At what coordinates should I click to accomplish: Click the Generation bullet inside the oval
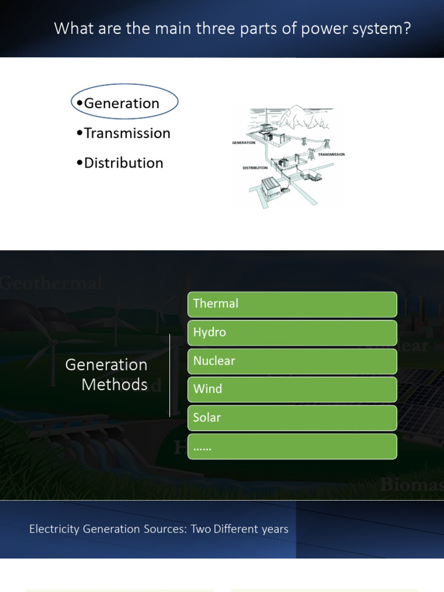[121, 103]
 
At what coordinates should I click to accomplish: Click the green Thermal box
[292, 304]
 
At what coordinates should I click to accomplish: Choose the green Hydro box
[292, 332]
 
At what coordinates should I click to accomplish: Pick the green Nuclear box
[292, 361]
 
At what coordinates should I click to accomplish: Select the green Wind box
[292, 389]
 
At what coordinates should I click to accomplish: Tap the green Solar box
[292, 417]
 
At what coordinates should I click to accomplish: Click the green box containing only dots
[292, 446]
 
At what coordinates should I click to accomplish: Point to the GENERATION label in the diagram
[244, 142]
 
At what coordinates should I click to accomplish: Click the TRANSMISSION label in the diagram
[331, 154]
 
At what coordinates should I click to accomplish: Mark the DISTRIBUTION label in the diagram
[255, 168]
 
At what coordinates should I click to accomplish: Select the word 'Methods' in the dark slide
[114, 384]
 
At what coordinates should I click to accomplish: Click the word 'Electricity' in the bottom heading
[55, 529]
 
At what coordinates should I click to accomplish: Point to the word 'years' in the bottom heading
[274, 530]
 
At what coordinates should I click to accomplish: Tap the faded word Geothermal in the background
[51, 283]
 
